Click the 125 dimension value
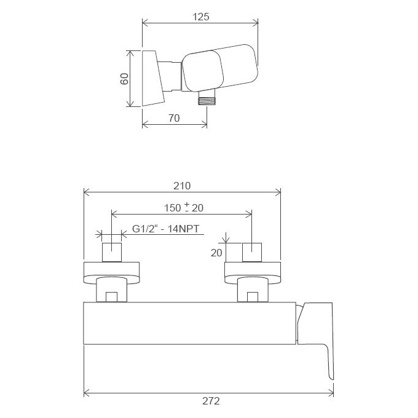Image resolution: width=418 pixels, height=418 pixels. [x=200, y=17]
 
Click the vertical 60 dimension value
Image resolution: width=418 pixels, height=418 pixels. [x=125, y=79]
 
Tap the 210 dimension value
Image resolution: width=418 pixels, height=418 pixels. [x=182, y=186]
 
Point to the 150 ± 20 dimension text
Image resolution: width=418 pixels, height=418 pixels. [x=184, y=208]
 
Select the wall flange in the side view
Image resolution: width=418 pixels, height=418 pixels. [x=153, y=78]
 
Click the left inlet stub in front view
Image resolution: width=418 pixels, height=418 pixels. [x=112, y=252]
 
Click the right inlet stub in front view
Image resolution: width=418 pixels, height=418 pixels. [x=252, y=252]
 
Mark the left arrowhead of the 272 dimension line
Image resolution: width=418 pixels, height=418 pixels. [x=87, y=391]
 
